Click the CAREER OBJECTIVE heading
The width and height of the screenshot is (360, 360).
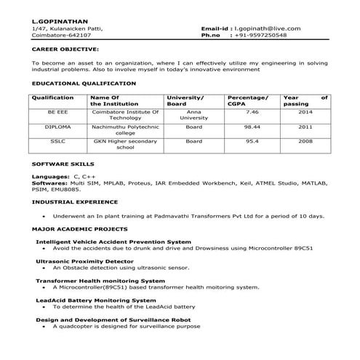[x=65, y=49]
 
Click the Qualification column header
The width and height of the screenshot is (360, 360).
[x=53, y=97]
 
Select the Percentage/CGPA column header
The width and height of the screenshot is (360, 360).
[x=247, y=100]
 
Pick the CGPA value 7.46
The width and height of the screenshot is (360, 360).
[x=252, y=113]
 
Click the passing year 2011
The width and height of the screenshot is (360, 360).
[x=305, y=127]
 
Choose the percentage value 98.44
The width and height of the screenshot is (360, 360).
[x=252, y=127]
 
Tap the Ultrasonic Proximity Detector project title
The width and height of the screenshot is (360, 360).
[x=85, y=260]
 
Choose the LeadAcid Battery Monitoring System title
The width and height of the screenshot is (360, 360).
[x=95, y=300]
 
